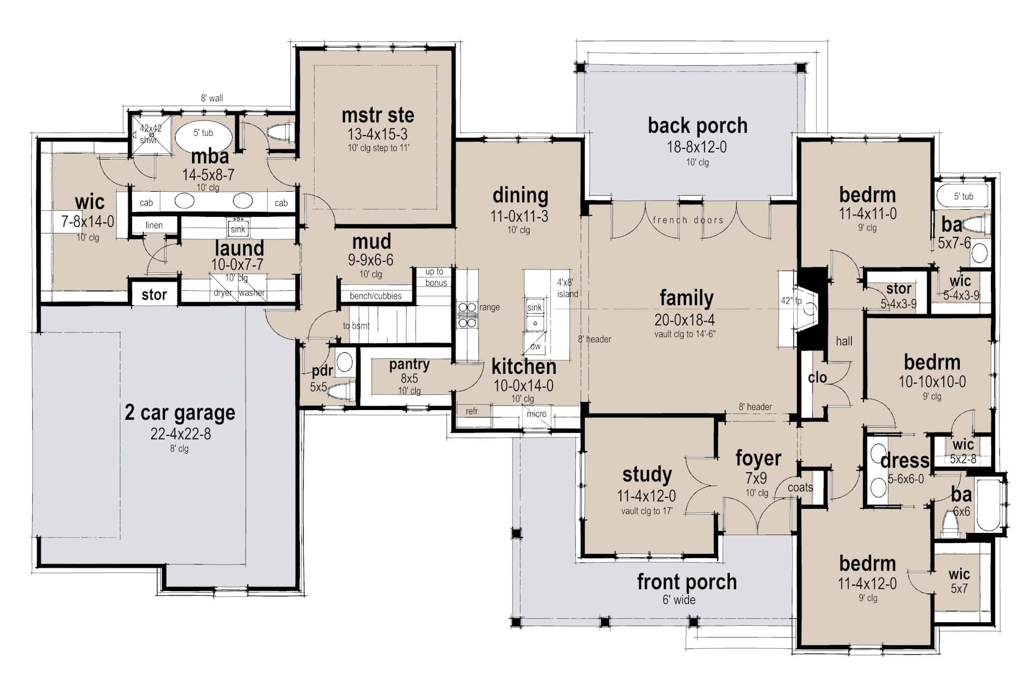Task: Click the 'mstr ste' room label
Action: click(x=378, y=116)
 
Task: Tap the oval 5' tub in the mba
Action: click(x=204, y=134)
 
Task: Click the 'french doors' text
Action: click(x=688, y=220)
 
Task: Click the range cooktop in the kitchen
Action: click(x=466, y=315)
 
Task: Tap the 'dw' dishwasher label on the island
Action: click(x=535, y=346)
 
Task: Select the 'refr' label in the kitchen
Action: click(x=471, y=411)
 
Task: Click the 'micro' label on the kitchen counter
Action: click(x=536, y=414)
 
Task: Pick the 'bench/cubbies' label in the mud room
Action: click(x=376, y=296)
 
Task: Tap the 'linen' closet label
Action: click(x=154, y=225)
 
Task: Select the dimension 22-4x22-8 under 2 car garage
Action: click(x=181, y=434)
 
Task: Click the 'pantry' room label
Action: click(x=409, y=365)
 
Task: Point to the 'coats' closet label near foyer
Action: click(x=800, y=487)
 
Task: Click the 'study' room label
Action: click(x=647, y=474)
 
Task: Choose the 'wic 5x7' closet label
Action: click(x=959, y=581)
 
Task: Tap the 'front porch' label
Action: click(x=687, y=582)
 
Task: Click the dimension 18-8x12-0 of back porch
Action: click(x=697, y=147)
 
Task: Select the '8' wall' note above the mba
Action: click(x=212, y=98)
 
